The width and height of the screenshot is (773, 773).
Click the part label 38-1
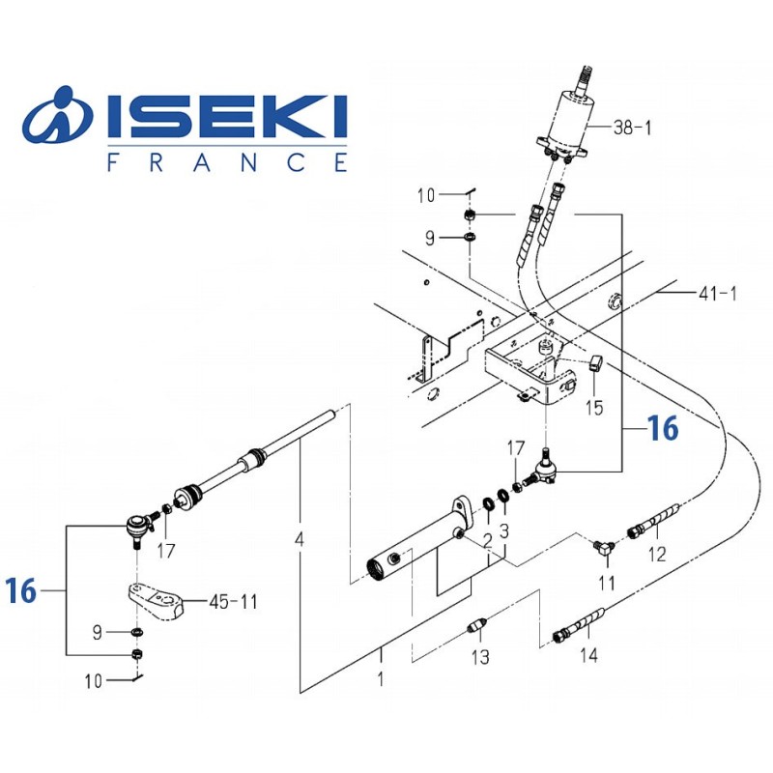pyautogui.click(x=634, y=127)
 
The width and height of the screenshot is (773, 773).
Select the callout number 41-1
pyautogui.click(x=716, y=293)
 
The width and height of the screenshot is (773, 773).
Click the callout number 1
pyautogui.click(x=380, y=678)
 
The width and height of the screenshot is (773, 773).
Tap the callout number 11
pyautogui.click(x=607, y=583)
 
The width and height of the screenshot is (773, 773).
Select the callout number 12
pyautogui.click(x=657, y=555)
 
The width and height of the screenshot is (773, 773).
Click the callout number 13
pyautogui.click(x=480, y=658)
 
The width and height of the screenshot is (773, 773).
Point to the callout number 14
pyautogui.click(x=588, y=656)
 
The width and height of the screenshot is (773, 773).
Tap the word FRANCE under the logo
pyautogui.click(x=226, y=161)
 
